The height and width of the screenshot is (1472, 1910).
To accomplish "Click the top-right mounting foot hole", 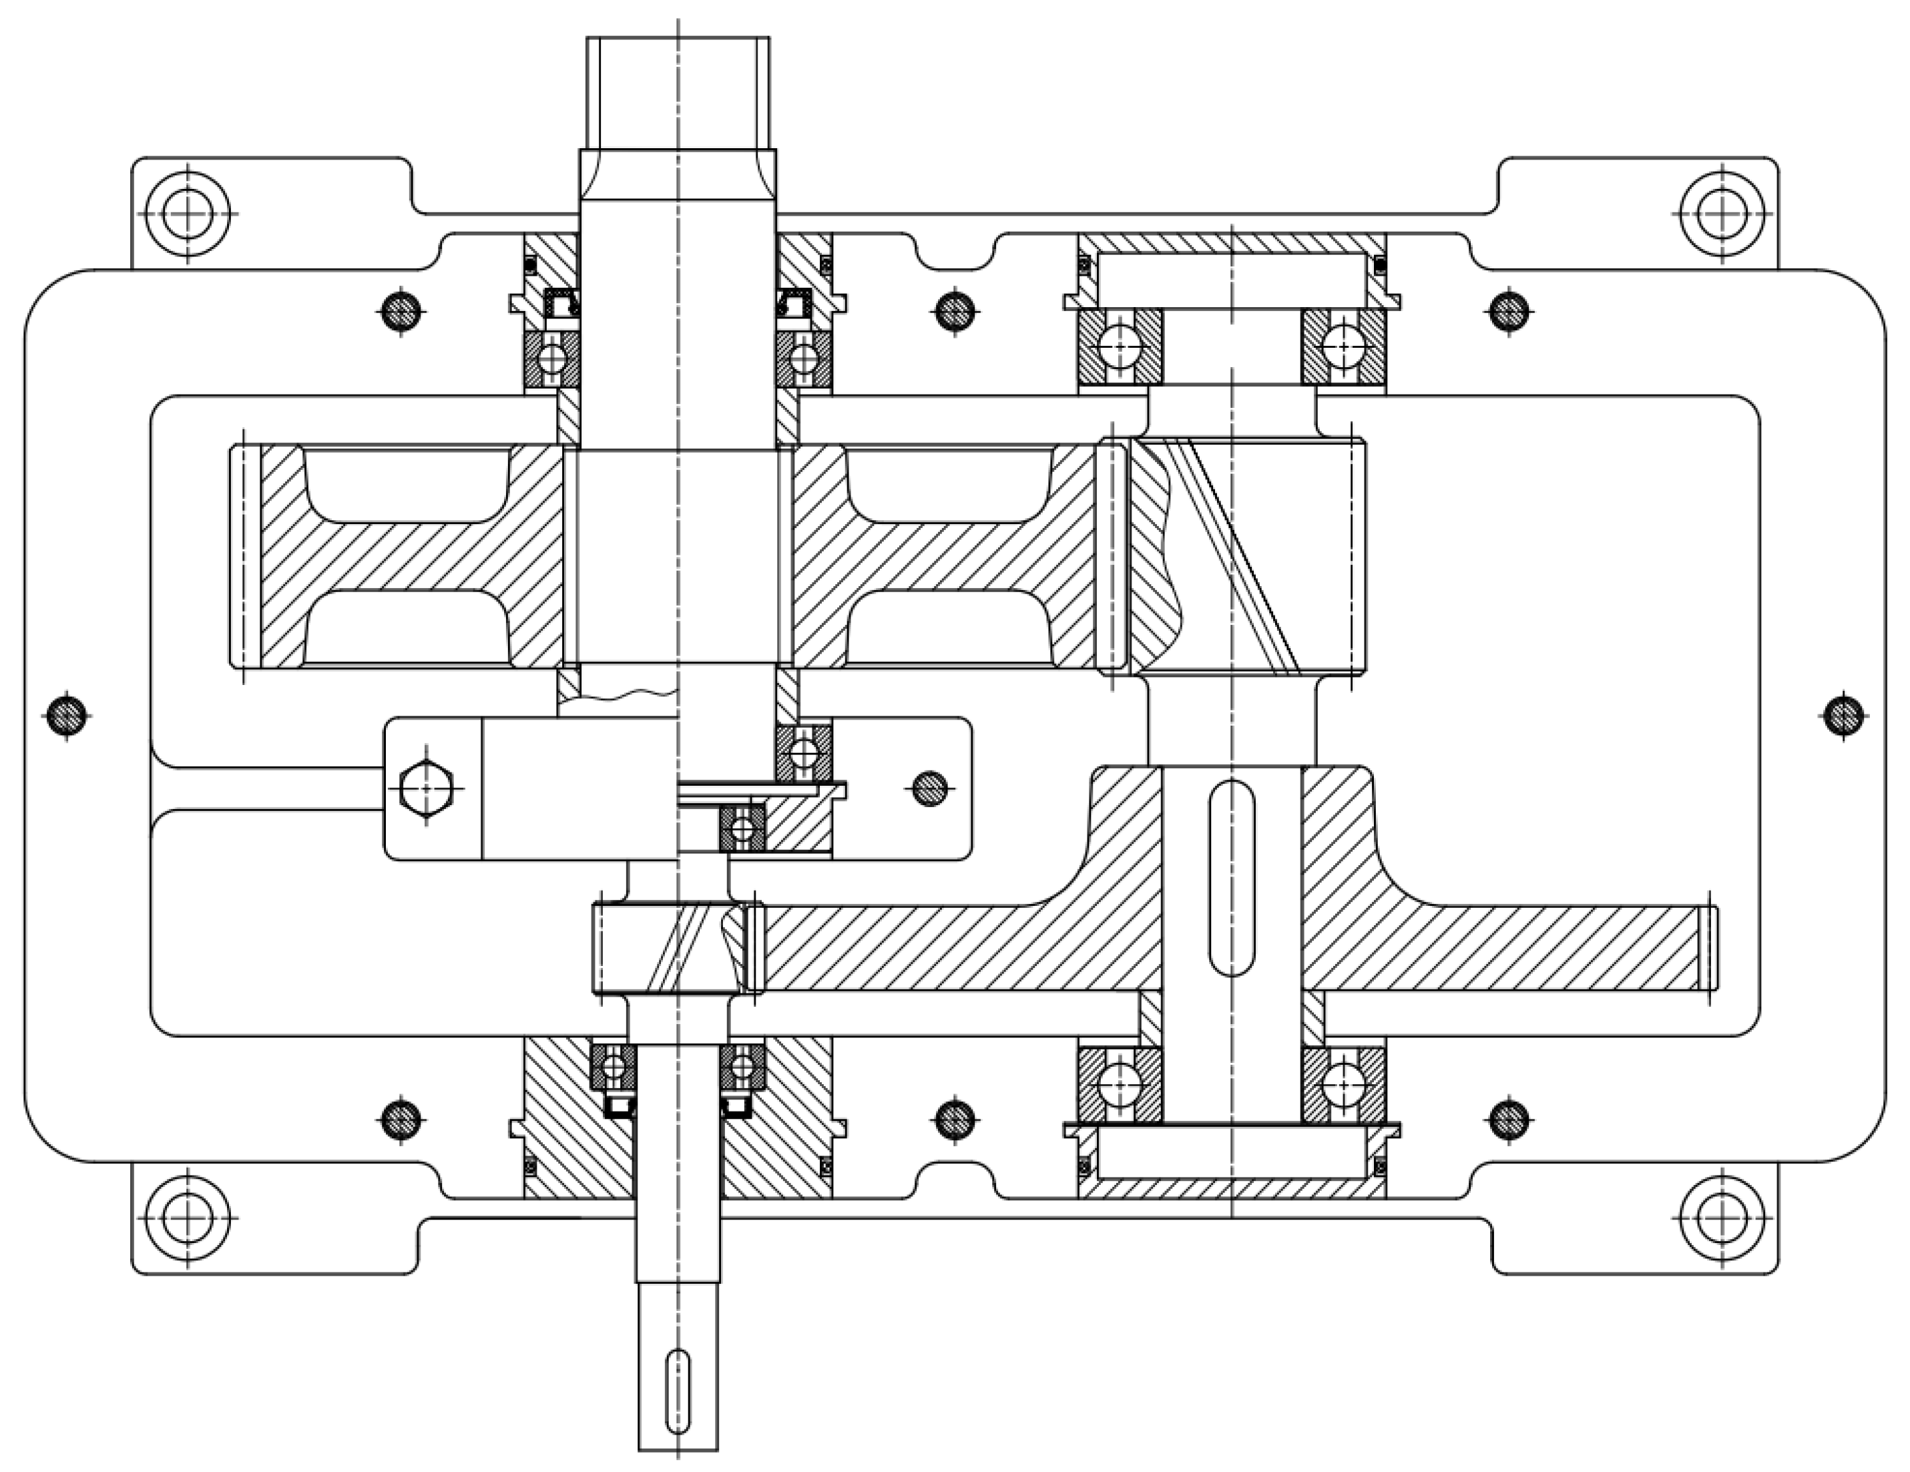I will pos(1722,214).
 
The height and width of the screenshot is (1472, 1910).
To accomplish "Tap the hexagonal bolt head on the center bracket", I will pos(426,788).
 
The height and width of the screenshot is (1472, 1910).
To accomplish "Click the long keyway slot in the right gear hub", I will pos(1231,877).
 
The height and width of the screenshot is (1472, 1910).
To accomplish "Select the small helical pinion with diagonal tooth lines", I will pos(669,950).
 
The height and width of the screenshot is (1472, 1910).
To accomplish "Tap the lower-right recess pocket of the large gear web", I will pos(948,628).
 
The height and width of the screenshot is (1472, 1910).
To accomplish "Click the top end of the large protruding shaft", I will pos(678,92).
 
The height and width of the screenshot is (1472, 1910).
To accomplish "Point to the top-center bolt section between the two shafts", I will pos(954,310).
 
